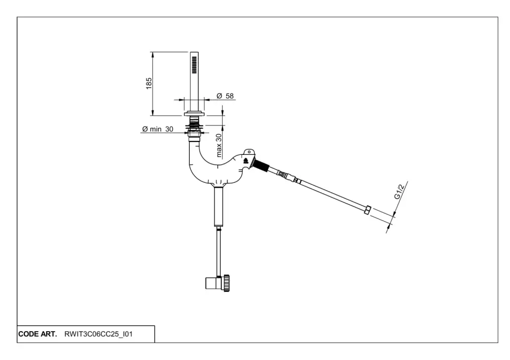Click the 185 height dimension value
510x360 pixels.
[x=149, y=83]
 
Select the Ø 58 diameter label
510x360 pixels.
[x=225, y=96]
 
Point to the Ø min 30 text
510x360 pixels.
[x=157, y=129]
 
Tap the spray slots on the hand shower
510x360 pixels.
[x=194, y=64]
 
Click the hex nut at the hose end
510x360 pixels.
[x=368, y=210]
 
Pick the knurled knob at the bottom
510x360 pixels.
[x=227, y=282]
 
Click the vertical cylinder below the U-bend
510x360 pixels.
[x=219, y=207]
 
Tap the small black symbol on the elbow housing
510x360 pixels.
[x=245, y=161]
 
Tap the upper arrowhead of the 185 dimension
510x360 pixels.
[x=152, y=54]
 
